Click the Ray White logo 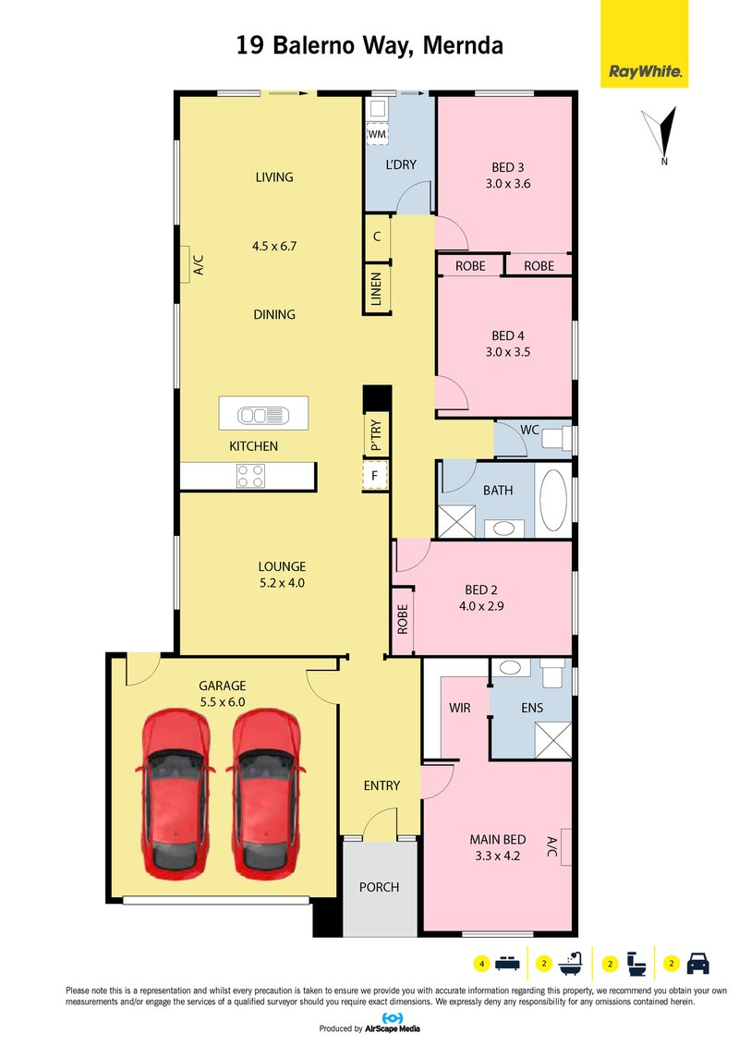click(644, 44)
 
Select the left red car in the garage click(175, 793)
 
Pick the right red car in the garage click(265, 793)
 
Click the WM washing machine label click(377, 134)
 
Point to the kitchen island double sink click(263, 415)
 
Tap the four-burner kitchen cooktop click(250, 476)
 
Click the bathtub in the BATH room click(553, 500)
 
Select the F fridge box click(375, 476)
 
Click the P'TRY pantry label click(376, 434)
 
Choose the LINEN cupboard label click(376, 288)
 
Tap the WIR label click(460, 708)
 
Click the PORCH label click(379, 887)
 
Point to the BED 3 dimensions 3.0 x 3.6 click(508, 184)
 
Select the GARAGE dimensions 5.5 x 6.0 click(223, 702)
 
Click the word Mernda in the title click(463, 45)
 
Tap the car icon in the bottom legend click(697, 964)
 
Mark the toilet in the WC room click(556, 439)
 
